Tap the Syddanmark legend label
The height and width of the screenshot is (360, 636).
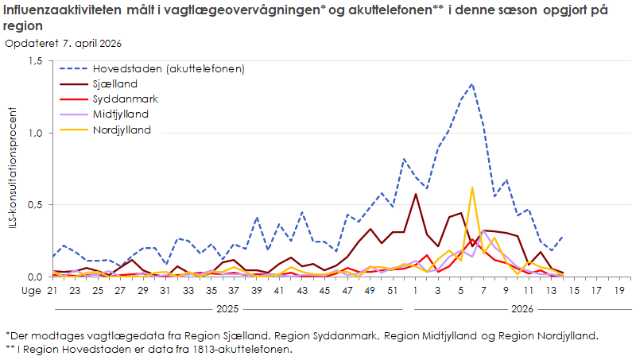tap(125, 99)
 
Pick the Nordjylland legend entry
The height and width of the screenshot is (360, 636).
tap(122, 130)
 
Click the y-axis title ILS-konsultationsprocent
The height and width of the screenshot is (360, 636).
tap(12, 168)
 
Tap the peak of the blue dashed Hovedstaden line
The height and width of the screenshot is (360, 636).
tap(472, 83)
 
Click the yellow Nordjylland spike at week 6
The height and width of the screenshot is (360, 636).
tap(472, 188)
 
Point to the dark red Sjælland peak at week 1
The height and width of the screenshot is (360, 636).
tap(416, 194)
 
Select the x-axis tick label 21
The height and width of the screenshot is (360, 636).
tap(53, 292)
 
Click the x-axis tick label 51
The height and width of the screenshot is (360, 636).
tap(393, 292)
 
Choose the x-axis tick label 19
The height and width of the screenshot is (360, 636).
tap(619, 292)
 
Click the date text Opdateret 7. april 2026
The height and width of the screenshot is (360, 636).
tap(64, 43)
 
